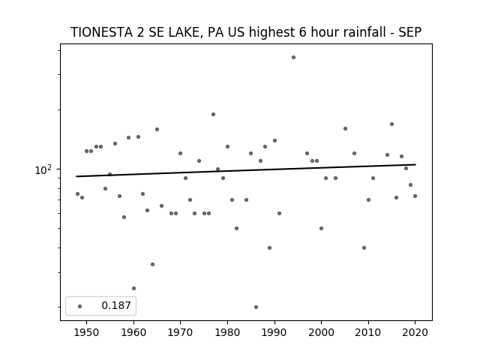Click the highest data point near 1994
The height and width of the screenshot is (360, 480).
pyautogui.click(x=293, y=58)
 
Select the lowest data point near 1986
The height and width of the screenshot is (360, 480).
pyautogui.click(x=256, y=307)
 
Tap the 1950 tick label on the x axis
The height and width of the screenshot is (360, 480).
pyautogui.click(x=87, y=332)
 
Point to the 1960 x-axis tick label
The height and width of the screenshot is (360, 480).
pyautogui.click(x=133, y=332)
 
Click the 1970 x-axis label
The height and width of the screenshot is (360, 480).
pyautogui.click(x=180, y=332)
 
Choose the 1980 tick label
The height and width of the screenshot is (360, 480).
pyautogui.click(x=227, y=332)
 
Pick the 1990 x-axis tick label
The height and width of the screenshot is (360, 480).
pyautogui.click(x=274, y=332)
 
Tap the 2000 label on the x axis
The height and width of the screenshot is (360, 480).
pyautogui.click(x=321, y=332)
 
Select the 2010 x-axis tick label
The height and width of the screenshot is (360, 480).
pyautogui.click(x=368, y=332)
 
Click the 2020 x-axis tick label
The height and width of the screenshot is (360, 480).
pyautogui.click(x=415, y=332)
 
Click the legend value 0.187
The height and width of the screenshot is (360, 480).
pyautogui.click(x=116, y=305)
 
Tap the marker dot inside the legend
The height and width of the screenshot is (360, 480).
pyautogui.click(x=80, y=306)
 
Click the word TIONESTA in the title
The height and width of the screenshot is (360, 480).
pyautogui.click(x=101, y=32)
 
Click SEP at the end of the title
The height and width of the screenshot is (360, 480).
pyautogui.click(x=410, y=32)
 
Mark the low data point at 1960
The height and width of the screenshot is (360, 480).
pyautogui.click(x=133, y=288)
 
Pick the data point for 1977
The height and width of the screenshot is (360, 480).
pyautogui.click(x=213, y=115)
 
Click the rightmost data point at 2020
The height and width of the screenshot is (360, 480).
pyautogui.click(x=415, y=196)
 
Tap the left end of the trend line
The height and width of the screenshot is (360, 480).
pyautogui.click(x=76, y=176)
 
